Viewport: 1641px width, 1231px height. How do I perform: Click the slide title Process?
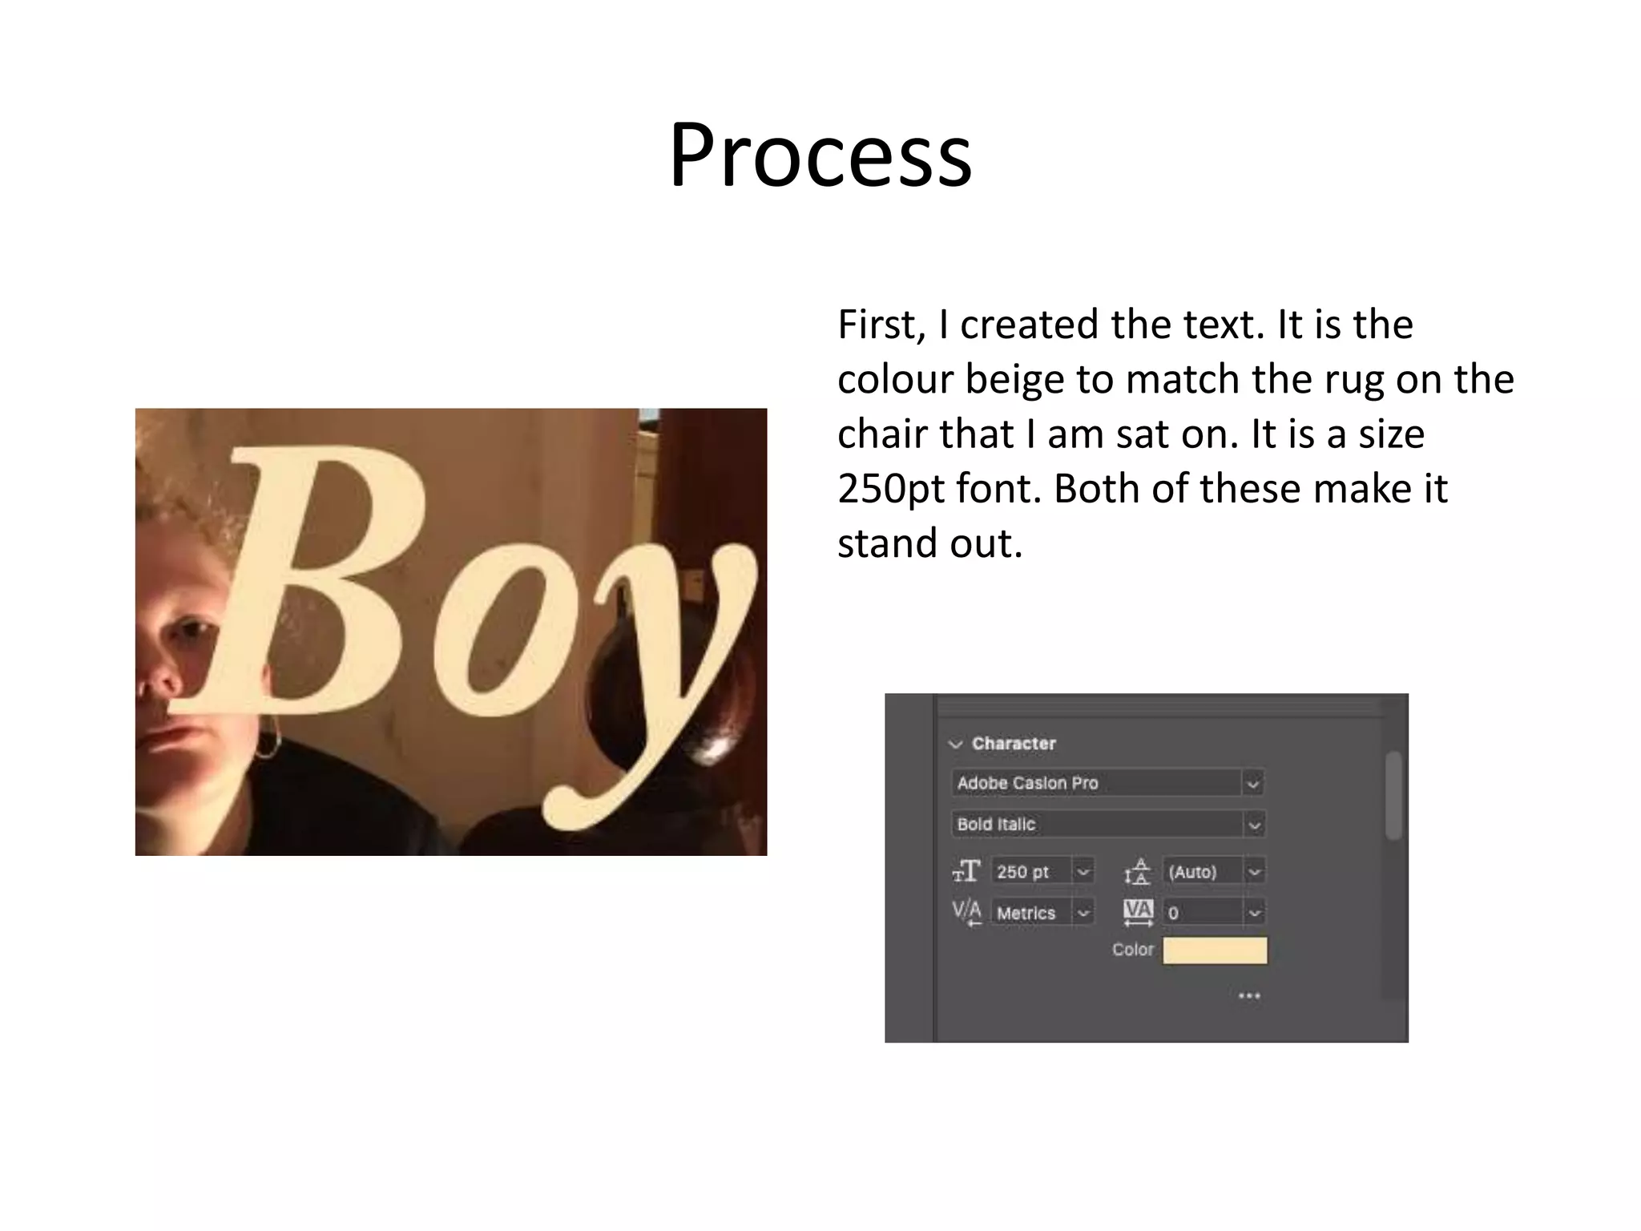point(820,154)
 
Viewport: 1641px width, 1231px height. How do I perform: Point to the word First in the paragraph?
point(880,325)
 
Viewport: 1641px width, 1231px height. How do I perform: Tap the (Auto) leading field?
point(1202,871)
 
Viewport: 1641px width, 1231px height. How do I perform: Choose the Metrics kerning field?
point(1032,913)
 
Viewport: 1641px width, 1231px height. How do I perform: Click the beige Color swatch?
point(1215,950)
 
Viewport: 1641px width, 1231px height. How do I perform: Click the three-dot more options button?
point(1249,996)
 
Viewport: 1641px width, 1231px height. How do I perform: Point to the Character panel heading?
point(1014,744)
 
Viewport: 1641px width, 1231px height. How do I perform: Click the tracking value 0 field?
point(1202,913)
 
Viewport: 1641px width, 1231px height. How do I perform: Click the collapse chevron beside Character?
point(955,745)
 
